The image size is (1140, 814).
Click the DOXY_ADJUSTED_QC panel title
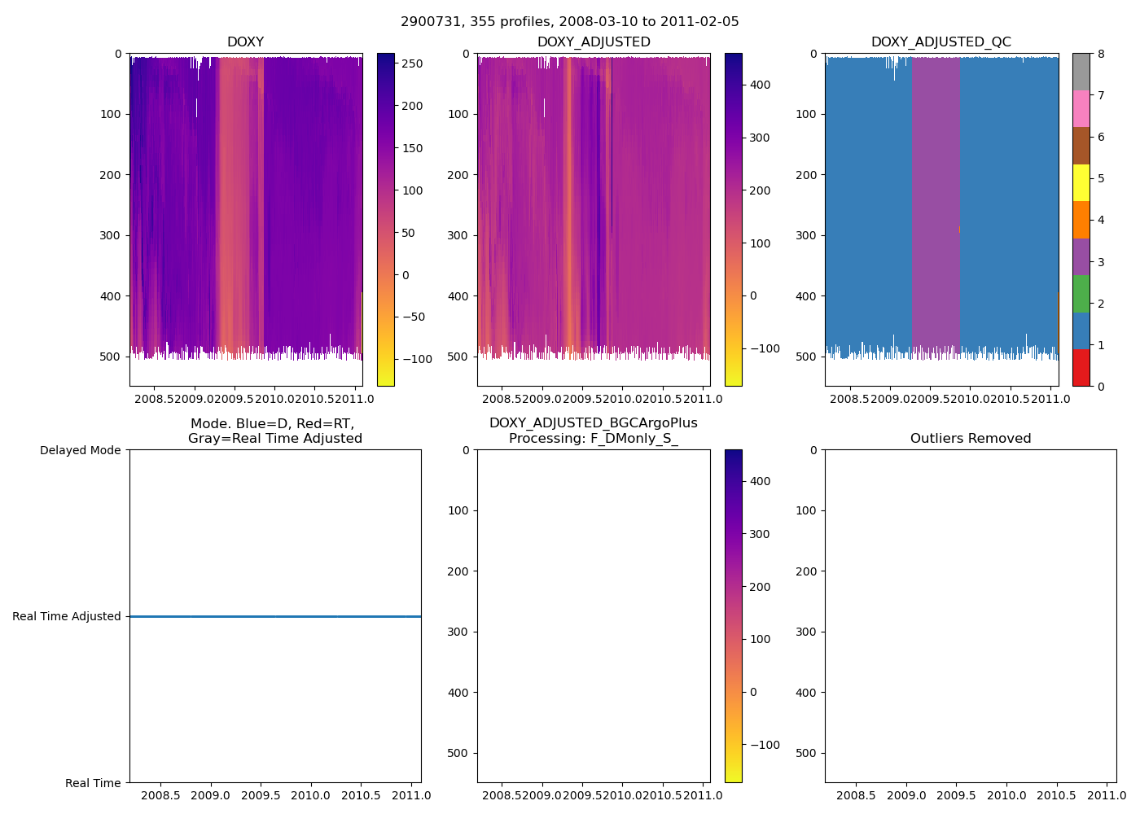940,42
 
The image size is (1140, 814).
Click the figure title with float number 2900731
569,22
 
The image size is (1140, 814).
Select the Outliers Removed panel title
970,439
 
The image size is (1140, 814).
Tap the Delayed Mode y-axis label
80,450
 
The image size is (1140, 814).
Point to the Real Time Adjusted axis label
67,617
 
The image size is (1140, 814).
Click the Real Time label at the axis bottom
93,783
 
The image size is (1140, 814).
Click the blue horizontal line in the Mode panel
275,617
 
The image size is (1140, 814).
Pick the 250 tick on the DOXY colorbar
412,63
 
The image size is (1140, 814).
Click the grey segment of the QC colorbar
1081,72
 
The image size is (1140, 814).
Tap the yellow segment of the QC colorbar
1081,182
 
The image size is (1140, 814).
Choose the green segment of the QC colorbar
1081,294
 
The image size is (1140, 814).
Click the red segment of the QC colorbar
1081,368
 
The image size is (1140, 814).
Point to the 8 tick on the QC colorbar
1101,54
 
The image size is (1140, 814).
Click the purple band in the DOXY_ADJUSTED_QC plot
936,203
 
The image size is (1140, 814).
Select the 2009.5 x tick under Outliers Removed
956,795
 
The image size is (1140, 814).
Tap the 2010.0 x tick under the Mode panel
310,795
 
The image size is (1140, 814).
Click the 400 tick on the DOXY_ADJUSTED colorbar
759,85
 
